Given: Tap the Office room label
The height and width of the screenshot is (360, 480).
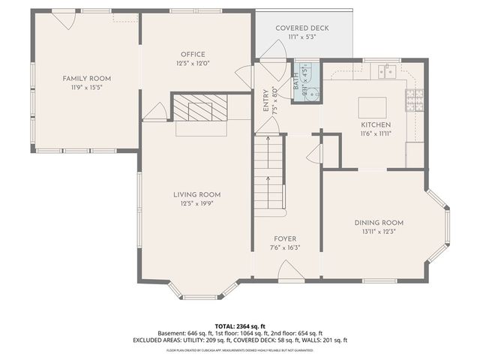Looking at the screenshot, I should [x=193, y=54].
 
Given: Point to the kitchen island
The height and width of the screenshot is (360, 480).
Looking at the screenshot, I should [x=372, y=104].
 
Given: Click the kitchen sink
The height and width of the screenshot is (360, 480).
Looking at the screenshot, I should [x=388, y=70].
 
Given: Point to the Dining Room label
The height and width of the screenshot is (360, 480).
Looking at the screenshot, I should [x=379, y=223].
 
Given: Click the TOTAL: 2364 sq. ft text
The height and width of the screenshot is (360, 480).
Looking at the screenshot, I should [x=240, y=326].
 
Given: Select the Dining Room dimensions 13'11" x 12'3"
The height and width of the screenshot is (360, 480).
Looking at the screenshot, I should [x=379, y=232].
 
